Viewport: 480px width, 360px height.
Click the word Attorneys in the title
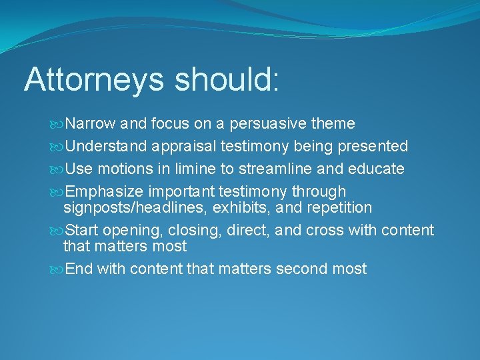[x=93, y=79]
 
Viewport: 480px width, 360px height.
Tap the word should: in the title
[x=227, y=79]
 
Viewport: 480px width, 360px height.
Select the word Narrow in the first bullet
[x=91, y=124]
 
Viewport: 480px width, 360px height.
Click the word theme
[x=335, y=124]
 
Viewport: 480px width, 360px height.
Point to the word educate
[x=379, y=169]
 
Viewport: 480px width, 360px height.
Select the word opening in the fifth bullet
[x=126, y=231]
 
